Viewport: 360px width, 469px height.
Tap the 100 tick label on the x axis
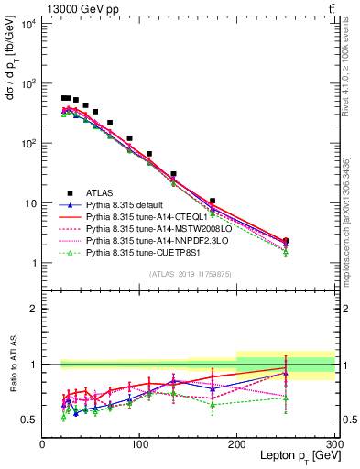click(139, 443)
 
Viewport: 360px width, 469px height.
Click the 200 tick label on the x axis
click(237, 443)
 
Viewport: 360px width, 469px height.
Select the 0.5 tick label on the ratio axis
click(29, 420)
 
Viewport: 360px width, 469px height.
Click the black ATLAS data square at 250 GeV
click(286, 241)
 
